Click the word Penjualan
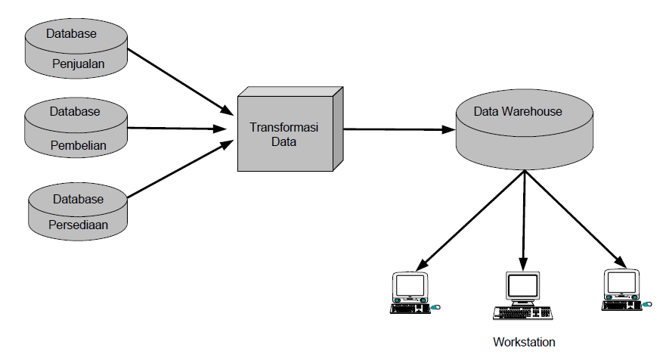coord(79,64)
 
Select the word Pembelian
coord(78,144)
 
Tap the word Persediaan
coord(79,225)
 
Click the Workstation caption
coord(524,342)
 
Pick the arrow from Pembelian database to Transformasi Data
coord(178,129)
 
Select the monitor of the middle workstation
coord(522,286)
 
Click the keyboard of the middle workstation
coord(522,312)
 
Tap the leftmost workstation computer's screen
coord(410,285)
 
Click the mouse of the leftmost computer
coord(435,308)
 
